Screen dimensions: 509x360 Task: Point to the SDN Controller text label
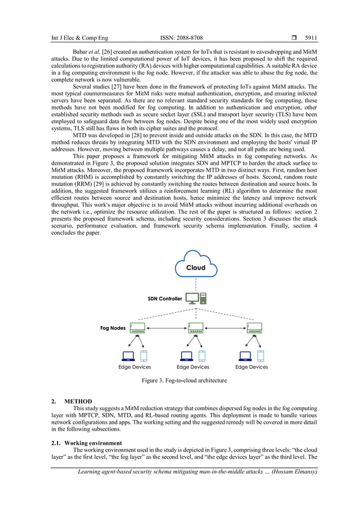pos(165,299)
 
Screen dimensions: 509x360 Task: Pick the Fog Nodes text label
pos(113,328)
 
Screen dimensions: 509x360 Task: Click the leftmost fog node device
pos(137,328)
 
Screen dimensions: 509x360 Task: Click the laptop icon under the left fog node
pos(128,356)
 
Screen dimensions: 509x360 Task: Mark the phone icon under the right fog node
pos(260,356)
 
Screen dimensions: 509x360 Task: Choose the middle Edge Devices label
pos(193,367)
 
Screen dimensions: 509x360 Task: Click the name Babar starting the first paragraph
pos(82,52)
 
